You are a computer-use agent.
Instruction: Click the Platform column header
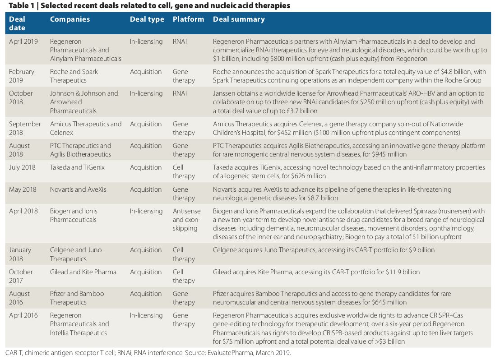click(188, 19)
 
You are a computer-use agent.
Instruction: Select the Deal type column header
click(147, 19)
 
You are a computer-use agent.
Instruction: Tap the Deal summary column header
click(239, 19)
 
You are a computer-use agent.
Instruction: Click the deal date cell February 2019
click(22, 76)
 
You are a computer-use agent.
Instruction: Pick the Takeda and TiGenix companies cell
click(77, 167)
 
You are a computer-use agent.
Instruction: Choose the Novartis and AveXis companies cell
click(78, 189)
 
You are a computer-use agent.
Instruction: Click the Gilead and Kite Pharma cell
click(83, 272)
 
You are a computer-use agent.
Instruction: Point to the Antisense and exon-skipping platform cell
click(187, 220)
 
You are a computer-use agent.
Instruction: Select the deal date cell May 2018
click(23, 189)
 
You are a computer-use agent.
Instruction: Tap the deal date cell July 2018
click(22, 167)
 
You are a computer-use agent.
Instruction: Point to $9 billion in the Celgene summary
click(421, 250)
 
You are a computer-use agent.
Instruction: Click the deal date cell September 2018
click(25, 128)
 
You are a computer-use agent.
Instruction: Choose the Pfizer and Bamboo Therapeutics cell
click(77, 298)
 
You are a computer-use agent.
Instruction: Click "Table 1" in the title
click(21, 5)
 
